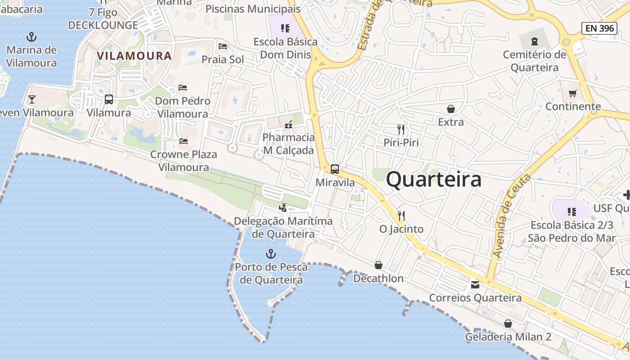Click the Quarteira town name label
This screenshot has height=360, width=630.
tap(434, 180)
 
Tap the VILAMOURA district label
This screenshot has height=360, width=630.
tap(135, 56)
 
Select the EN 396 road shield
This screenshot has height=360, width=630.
tap(600, 28)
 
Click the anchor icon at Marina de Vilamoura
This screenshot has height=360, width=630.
tap(31, 37)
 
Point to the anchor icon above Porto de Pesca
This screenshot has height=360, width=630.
tap(270, 254)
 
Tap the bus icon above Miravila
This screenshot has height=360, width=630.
tap(335, 169)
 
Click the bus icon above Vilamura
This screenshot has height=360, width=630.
tap(109, 99)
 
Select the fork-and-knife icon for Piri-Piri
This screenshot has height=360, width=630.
tap(401, 130)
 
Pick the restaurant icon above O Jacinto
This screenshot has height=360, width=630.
tap(401, 216)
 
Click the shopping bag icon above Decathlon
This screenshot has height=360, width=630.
tap(378, 265)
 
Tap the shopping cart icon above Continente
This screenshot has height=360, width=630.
tap(572, 93)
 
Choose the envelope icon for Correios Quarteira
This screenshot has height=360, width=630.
tap(475, 284)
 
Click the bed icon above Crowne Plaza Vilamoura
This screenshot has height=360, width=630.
tap(184, 141)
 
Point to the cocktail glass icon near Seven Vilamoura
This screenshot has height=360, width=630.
tap(31, 99)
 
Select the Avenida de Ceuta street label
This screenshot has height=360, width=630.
tap(512, 216)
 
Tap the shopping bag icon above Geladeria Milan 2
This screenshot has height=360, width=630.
tap(508, 324)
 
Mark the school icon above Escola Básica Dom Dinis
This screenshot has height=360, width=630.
tap(285, 28)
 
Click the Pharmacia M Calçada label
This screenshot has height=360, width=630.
tap(288, 144)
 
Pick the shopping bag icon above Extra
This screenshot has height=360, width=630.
tap(451, 109)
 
